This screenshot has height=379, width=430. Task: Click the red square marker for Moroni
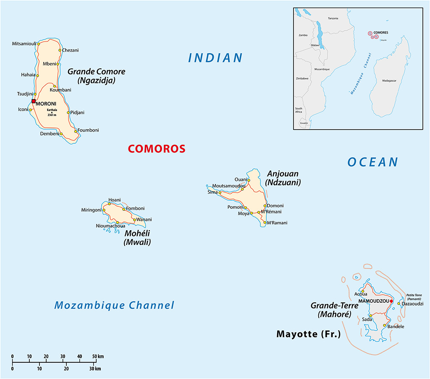coord(34,101)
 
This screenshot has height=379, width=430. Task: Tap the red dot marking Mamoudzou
coord(391,301)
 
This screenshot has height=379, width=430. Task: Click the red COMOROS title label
coord(156,148)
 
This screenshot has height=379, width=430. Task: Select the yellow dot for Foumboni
coord(76,131)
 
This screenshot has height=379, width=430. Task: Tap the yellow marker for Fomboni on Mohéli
coord(123,209)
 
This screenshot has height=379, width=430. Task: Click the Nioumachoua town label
coord(110,226)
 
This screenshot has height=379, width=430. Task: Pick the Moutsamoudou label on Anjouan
coord(229,186)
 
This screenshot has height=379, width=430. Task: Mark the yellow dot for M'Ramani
coord(265,222)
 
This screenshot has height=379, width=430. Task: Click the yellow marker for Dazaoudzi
coord(399,304)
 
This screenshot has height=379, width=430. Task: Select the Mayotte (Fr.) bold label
coord(308,334)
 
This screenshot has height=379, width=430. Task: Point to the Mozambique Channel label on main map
coord(114,305)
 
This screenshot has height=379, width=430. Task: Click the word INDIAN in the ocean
coord(215,58)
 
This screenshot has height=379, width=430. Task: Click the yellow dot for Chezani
coord(60,50)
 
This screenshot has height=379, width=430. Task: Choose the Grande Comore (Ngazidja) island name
coord(96,75)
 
